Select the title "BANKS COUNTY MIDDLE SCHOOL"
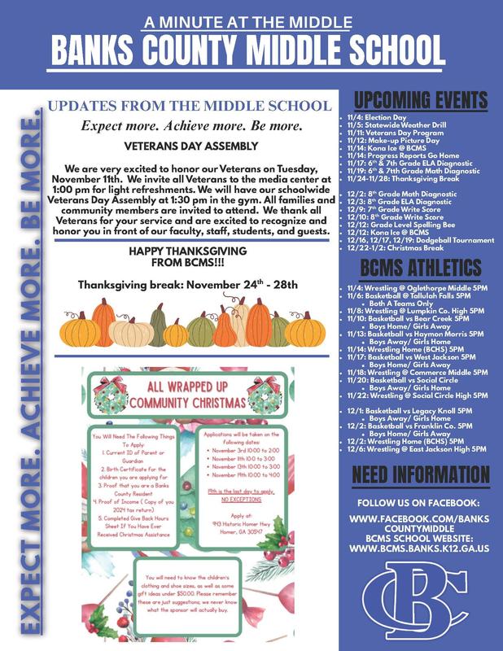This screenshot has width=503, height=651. pos(251,50)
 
